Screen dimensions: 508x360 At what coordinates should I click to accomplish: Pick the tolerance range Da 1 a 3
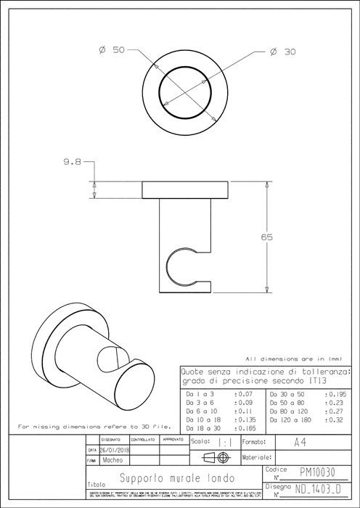point(200,393)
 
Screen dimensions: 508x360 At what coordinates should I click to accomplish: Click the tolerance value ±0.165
point(245,429)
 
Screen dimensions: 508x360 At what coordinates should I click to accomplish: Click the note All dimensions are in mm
point(293,359)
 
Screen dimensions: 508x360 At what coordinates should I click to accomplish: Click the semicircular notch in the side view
point(179,266)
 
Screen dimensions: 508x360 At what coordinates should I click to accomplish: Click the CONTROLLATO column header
point(143,439)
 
